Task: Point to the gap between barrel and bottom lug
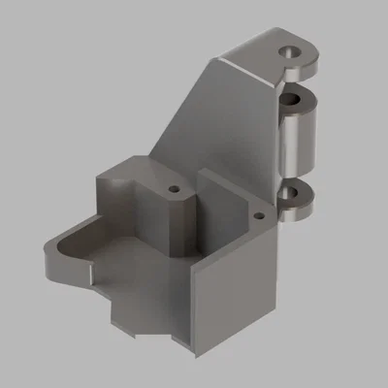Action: (x=291, y=177)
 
